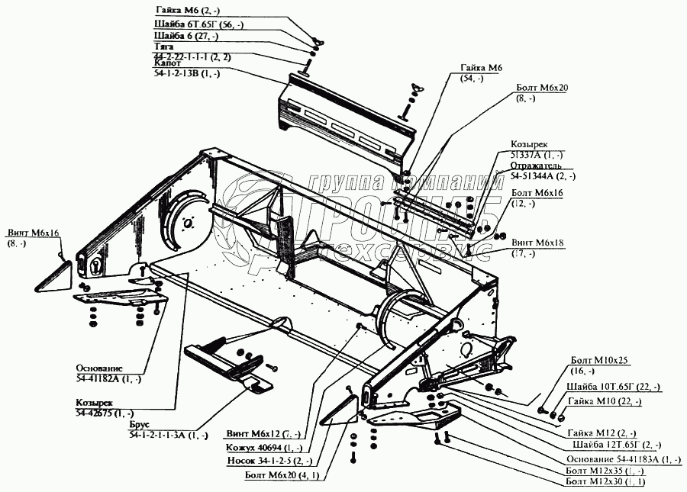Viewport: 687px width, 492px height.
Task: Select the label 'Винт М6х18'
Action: [x=537, y=243]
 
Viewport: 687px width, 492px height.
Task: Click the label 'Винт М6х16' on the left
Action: [x=34, y=233]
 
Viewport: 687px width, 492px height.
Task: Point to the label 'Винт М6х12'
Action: [x=253, y=434]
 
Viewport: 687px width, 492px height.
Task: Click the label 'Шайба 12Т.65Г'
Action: [x=615, y=444]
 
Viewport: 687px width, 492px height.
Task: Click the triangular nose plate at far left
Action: [x=53, y=275]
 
